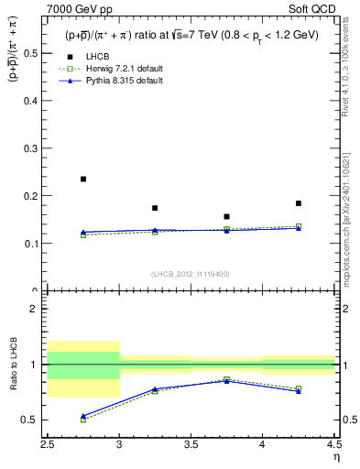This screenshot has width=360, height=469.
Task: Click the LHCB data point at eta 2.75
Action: [83, 179]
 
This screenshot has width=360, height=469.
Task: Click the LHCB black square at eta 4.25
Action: [299, 203]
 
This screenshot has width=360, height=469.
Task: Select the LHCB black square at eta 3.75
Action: [226, 217]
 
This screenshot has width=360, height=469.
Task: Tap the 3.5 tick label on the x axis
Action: [191, 443]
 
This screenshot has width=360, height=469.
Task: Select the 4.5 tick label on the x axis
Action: [333, 443]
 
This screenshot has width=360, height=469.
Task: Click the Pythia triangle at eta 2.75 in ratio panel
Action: [83, 416]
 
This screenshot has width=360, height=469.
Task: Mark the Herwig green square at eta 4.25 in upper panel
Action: [299, 226]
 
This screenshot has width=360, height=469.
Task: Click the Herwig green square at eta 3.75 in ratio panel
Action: [226, 379]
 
